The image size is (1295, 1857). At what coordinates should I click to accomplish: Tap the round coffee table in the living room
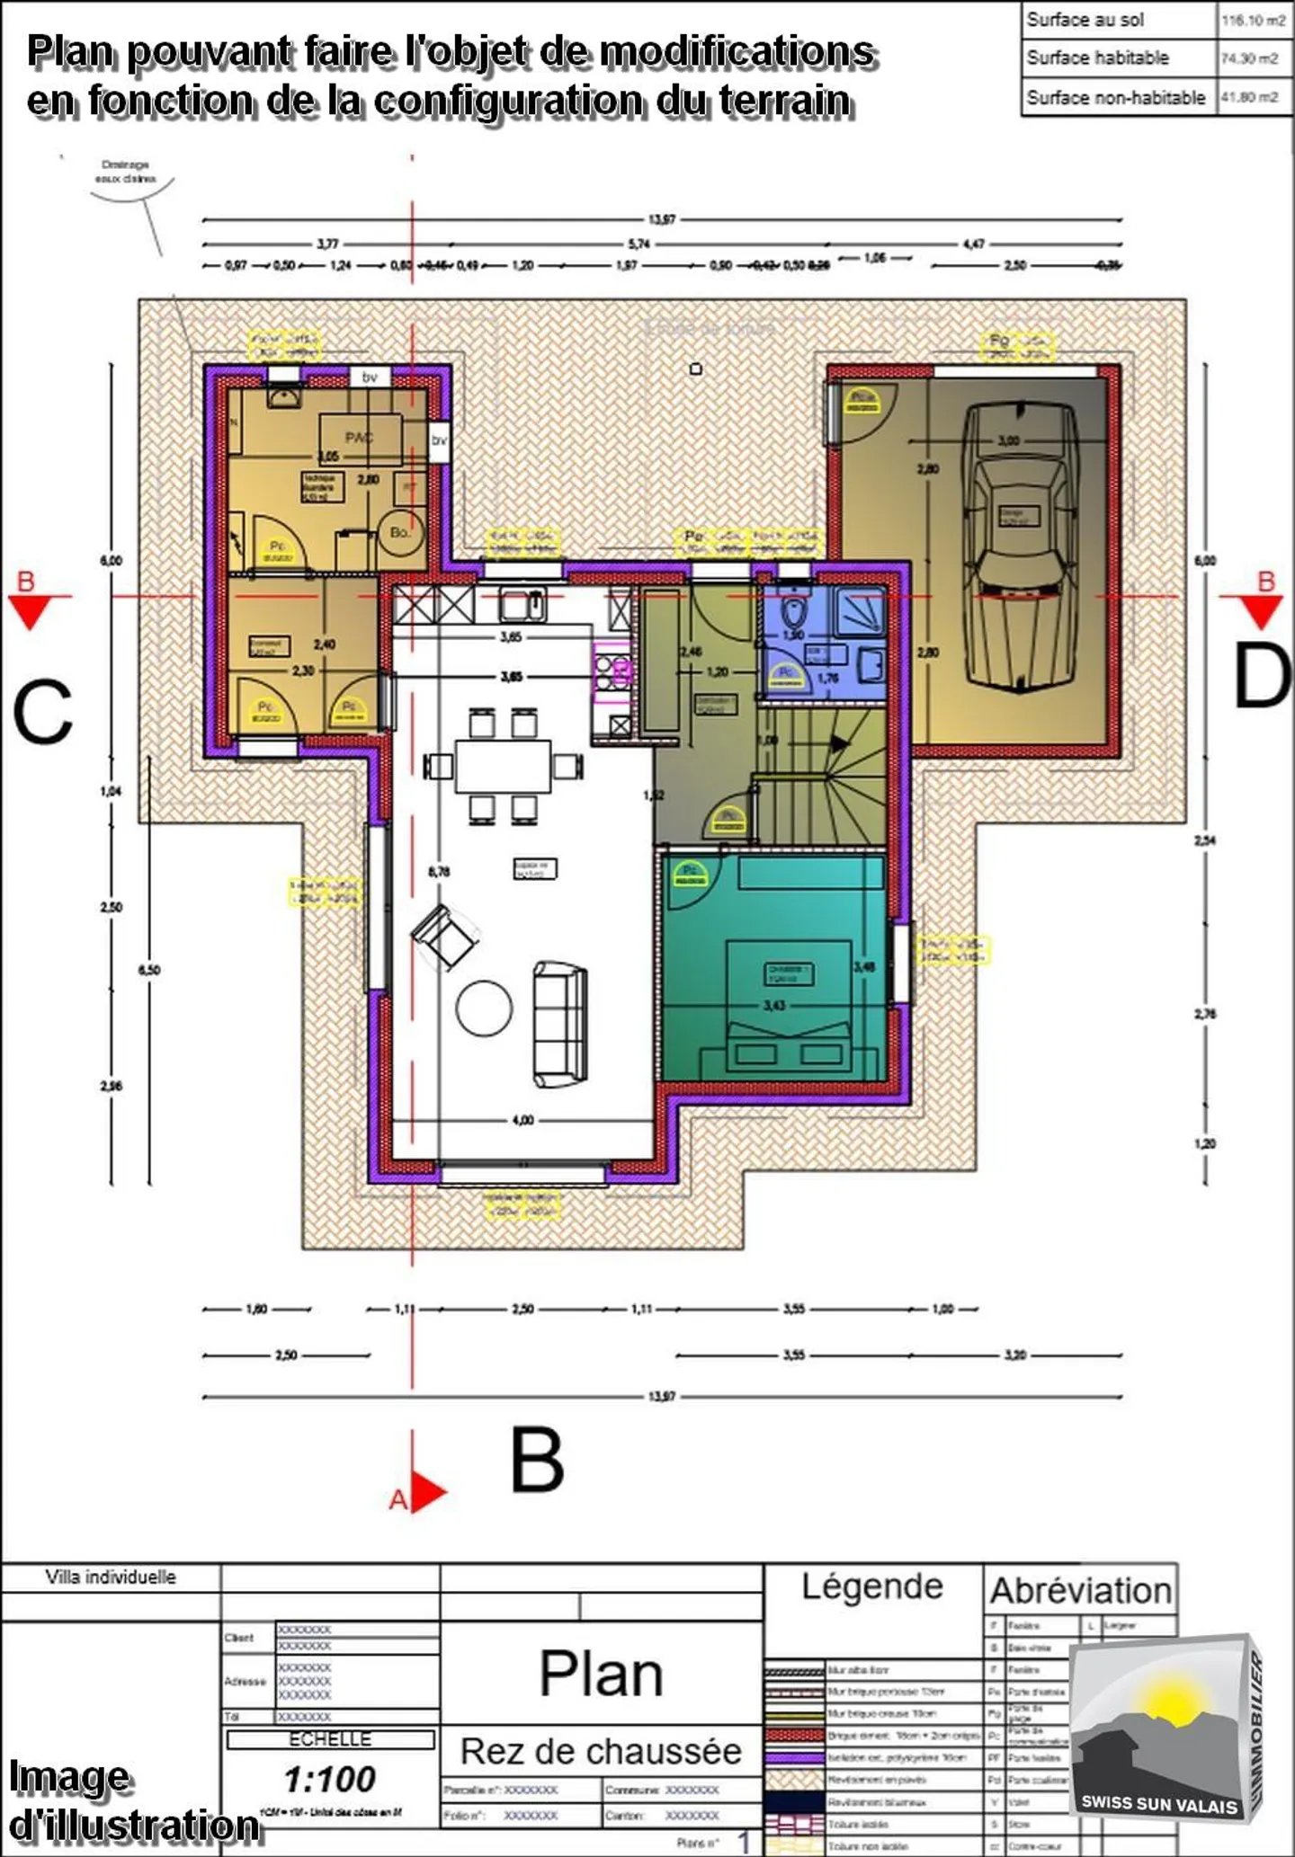coord(484,1008)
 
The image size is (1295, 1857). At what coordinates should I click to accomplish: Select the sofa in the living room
coord(560,1023)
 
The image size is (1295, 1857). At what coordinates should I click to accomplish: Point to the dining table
coord(503,766)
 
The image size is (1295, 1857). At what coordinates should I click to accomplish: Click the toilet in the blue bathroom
coord(793,613)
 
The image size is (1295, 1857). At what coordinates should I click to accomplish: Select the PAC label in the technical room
coord(359,438)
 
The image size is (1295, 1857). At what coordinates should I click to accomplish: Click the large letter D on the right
coord(1261,677)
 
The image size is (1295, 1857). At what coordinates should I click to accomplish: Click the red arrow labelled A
coord(426,1492)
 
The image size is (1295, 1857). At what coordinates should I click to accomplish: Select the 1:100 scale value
coord(330,1779)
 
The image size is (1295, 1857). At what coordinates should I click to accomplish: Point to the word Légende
coord(871,1586)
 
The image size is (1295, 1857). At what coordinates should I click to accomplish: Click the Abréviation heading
coord(1080,1590)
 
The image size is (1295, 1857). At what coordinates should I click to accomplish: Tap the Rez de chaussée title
coord(601,1751)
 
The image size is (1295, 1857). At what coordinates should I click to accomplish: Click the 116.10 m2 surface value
coord(1253,21)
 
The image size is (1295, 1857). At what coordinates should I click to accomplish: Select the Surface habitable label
coord(1097,58)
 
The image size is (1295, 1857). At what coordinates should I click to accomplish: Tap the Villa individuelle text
coord(111,1577)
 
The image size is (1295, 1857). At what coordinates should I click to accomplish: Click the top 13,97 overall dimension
coord(661,219)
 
